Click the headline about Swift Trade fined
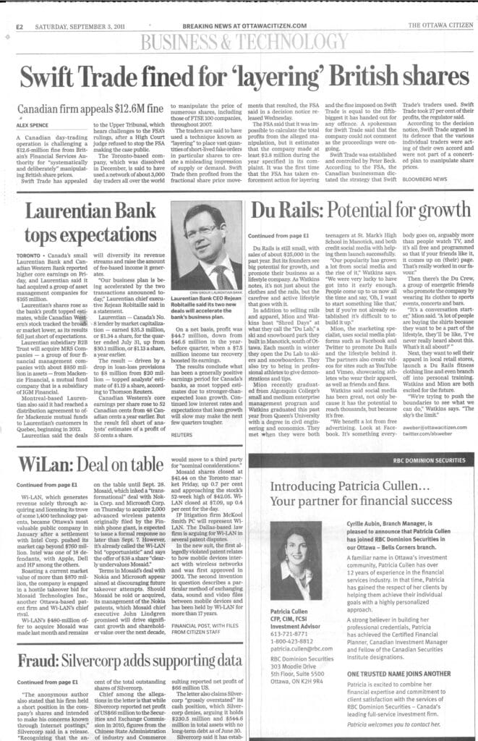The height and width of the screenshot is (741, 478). pos(239,75)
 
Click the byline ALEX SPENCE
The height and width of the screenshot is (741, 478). pos(30,124)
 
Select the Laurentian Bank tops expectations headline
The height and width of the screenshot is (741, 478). pos(85,220)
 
